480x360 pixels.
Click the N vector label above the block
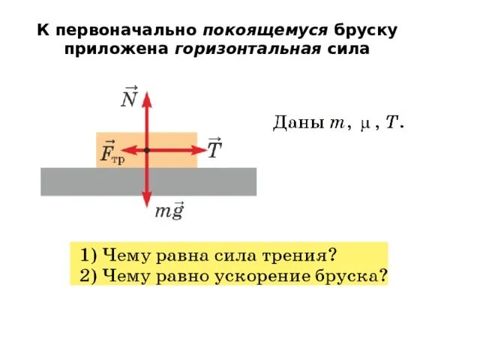129,98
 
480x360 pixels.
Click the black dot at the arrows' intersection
146,150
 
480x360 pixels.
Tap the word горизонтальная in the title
248,49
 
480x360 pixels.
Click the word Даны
295,124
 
